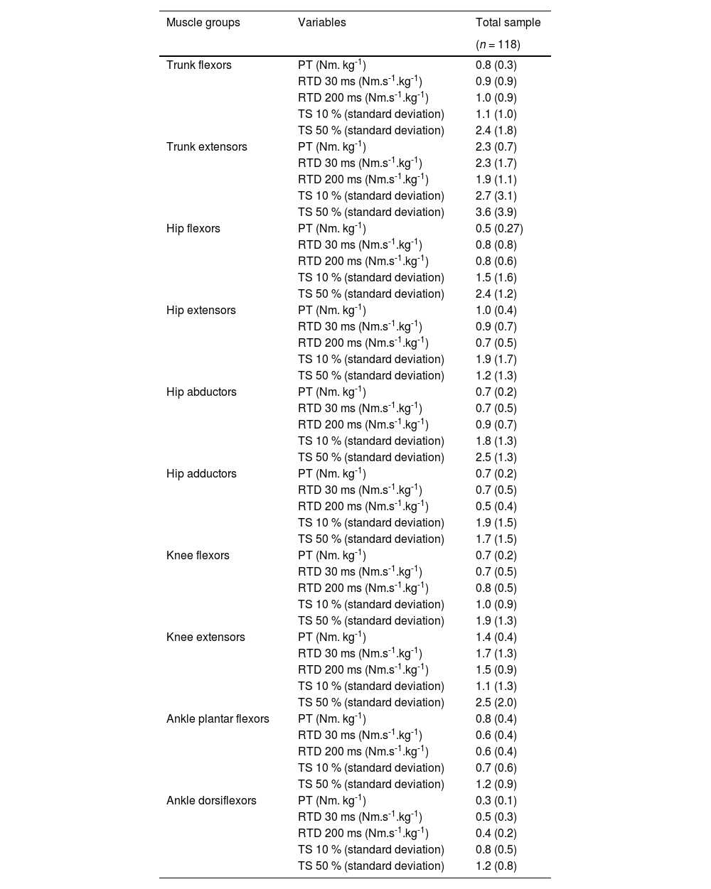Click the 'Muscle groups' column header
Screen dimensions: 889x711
click(x=203, y=23)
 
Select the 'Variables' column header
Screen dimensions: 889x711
click(x=321, y=23)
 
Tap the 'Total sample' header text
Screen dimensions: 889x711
click(x=508, y=23)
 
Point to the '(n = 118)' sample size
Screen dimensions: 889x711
click(x=498, y=45)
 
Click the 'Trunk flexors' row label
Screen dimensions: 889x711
click(x=198, y=65)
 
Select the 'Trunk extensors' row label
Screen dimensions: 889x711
click(x=206, y=147)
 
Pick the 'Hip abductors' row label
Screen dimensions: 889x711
click(x=201, y=392)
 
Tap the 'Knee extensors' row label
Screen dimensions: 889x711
click(x=205, y=637)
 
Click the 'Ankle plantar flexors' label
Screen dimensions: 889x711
click(x=218, y=719)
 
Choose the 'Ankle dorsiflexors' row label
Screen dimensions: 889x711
click(x=211, y=801)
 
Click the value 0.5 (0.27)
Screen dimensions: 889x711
click(x=499, y=229)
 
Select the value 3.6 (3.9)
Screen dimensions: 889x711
click(x=496, y=212)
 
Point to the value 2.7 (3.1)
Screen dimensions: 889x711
click(x=496, y=196)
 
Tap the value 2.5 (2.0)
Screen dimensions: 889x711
click(x=496, y=703)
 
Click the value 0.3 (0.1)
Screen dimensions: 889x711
click(x=496, y=801)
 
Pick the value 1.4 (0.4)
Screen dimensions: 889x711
click(x=496, y=637)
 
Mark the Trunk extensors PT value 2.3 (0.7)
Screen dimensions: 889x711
click(x=496, y=147)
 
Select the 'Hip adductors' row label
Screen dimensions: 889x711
click(x=201, y=474)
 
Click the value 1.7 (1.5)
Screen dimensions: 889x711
click(x=496, y=539)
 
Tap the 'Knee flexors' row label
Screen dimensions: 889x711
click(x=198, y=556)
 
